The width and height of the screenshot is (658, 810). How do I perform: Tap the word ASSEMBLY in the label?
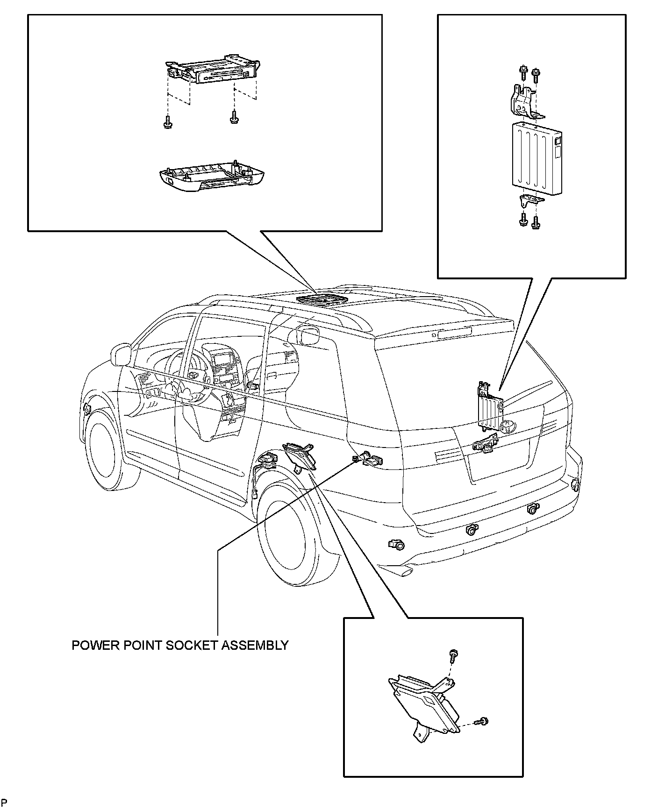[255, 646]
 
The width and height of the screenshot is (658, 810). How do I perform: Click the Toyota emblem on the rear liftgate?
[507, 426]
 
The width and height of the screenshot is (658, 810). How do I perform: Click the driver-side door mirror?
[121, 355]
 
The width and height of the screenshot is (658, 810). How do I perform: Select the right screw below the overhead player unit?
[234, 119]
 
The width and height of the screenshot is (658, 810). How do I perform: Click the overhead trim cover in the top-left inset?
[208, 178]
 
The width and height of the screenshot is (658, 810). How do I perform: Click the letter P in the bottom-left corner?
[4, 803]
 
